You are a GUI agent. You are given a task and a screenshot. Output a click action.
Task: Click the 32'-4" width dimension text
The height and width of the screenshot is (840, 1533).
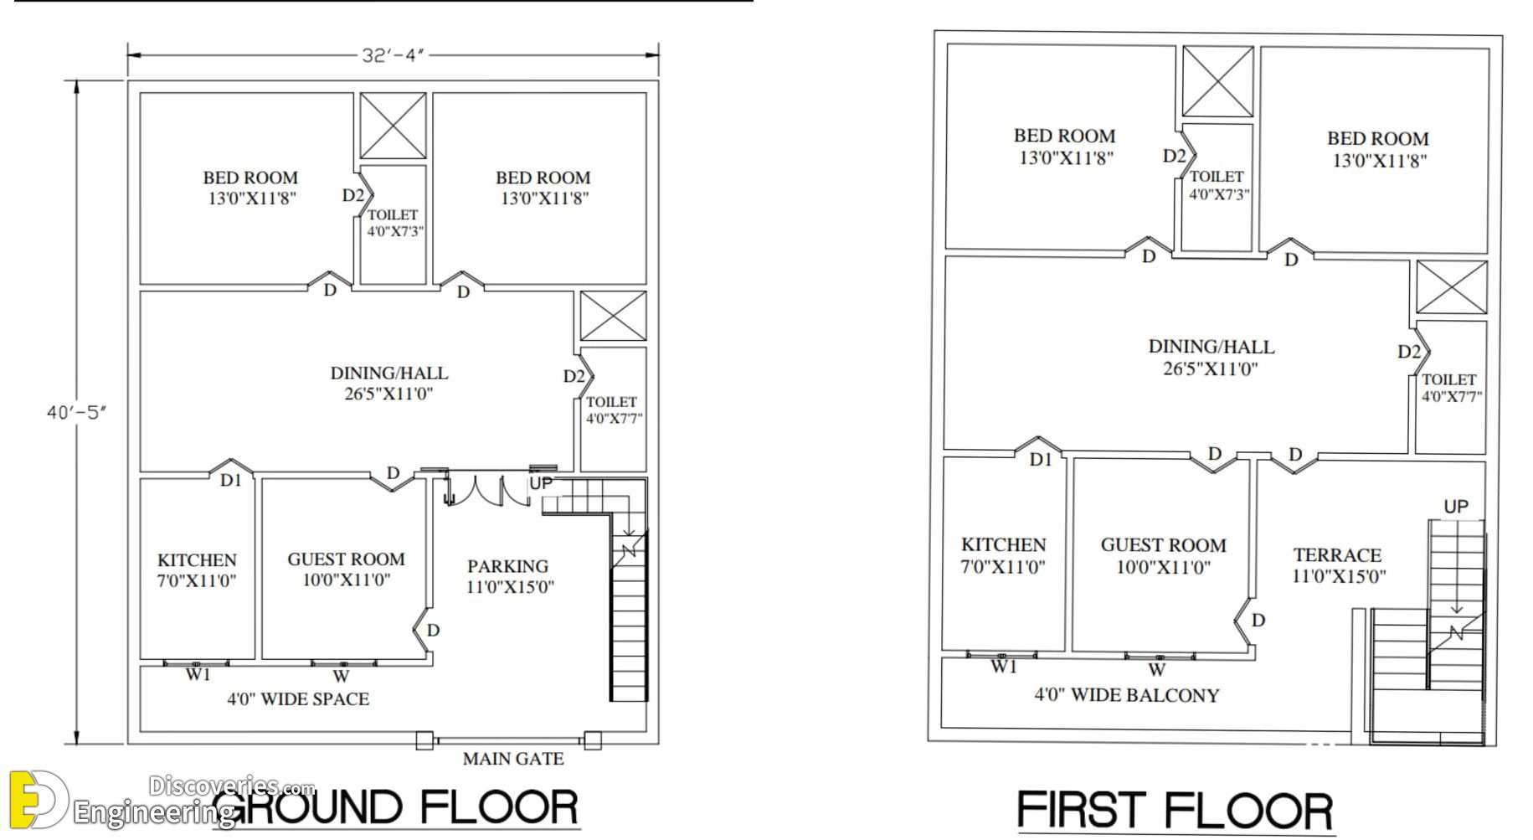[x=394, y=55]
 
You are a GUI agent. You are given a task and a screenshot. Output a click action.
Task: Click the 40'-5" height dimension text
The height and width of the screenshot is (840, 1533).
[x=77, y=412]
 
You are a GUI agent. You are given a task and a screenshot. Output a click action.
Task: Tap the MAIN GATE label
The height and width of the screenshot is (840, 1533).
[x=513, y=759]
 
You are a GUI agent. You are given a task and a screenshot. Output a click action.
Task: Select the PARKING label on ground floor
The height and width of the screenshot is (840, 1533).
[x=507, y=566]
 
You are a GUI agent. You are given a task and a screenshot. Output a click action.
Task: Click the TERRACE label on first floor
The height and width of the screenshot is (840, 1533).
[x=1337, y=555]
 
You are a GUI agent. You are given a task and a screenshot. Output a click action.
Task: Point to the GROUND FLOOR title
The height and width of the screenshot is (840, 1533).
[x=400, y=807]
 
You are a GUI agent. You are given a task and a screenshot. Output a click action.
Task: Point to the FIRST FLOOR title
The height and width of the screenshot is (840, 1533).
[x=1175, y=812]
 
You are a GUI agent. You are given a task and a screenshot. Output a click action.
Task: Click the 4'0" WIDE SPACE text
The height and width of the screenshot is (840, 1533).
[x=298, y=698]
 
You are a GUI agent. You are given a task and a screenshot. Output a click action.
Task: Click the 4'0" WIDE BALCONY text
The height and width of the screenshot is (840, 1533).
[x=1127, y=695]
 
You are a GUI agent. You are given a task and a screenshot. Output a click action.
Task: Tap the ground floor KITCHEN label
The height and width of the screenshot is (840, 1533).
[x=197, y=560]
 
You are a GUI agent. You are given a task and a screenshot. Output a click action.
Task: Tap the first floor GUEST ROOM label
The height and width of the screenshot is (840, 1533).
[x=1163, y=545]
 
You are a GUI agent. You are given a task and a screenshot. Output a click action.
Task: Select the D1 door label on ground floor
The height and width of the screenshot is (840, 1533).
[x=230, y=481]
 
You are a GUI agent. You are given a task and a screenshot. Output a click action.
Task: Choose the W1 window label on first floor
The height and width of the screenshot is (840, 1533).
[x=1004, y=667]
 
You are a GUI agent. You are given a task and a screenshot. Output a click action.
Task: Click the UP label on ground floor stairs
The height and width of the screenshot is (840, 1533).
[x=541, y=483]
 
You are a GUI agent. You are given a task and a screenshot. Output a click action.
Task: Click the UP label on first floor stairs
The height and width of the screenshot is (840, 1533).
[x=1456, y=507]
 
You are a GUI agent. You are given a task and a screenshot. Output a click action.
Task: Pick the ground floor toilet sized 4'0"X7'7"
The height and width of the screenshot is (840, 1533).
[x=613, y=410]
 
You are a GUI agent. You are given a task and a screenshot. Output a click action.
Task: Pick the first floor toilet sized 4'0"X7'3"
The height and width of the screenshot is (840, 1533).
[x=1219, y=185]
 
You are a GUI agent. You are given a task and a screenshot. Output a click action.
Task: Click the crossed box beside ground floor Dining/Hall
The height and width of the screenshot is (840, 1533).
[x=614, y=317]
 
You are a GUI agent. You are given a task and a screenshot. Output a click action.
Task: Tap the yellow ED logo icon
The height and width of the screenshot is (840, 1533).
[x=38, y=801]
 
